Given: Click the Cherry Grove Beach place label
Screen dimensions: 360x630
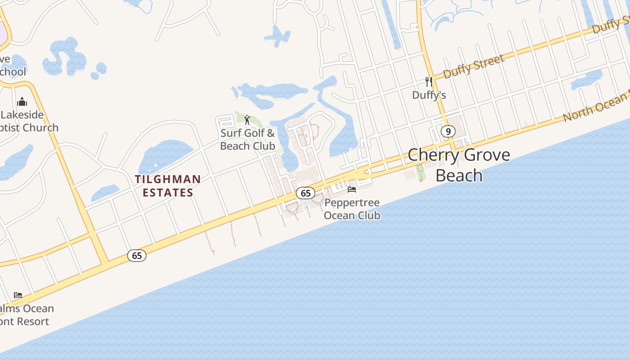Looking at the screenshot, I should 459,165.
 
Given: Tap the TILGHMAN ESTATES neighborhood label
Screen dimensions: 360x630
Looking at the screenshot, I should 168,186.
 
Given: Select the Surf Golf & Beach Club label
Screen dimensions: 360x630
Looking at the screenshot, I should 247,139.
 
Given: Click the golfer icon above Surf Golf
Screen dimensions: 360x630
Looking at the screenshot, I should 247,120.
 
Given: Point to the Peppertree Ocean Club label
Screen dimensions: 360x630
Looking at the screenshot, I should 352,209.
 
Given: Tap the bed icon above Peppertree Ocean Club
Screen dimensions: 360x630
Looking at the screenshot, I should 352,189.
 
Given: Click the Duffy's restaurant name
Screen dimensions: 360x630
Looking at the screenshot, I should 429,95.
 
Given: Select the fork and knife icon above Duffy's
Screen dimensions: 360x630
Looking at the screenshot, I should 429,82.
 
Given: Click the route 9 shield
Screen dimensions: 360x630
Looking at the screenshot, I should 448,131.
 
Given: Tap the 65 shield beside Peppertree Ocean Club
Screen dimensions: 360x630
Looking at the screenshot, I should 306,193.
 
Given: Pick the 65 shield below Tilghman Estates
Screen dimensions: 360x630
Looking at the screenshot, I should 137,256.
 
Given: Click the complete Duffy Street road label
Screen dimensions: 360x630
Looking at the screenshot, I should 474,66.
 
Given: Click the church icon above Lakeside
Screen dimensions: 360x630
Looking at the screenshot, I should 22,102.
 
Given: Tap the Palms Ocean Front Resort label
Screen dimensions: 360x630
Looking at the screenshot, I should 25,315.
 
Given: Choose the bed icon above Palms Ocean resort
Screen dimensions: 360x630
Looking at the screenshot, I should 18,295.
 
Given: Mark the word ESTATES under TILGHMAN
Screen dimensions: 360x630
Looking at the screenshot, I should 168,193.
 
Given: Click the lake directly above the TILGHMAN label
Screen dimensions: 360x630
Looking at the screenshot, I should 166,155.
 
